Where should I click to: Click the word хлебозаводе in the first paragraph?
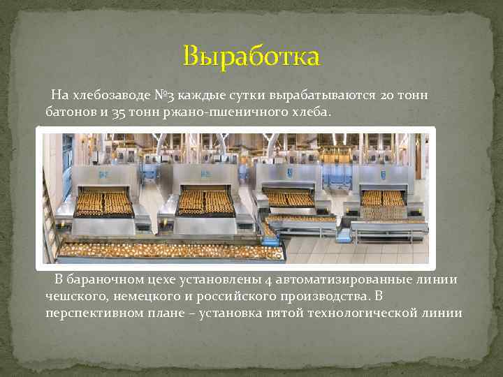(109, 95)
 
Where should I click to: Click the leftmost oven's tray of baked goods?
(105, 203)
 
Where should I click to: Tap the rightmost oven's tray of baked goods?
(384, 198)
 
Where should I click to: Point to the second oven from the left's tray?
(206, 202)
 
